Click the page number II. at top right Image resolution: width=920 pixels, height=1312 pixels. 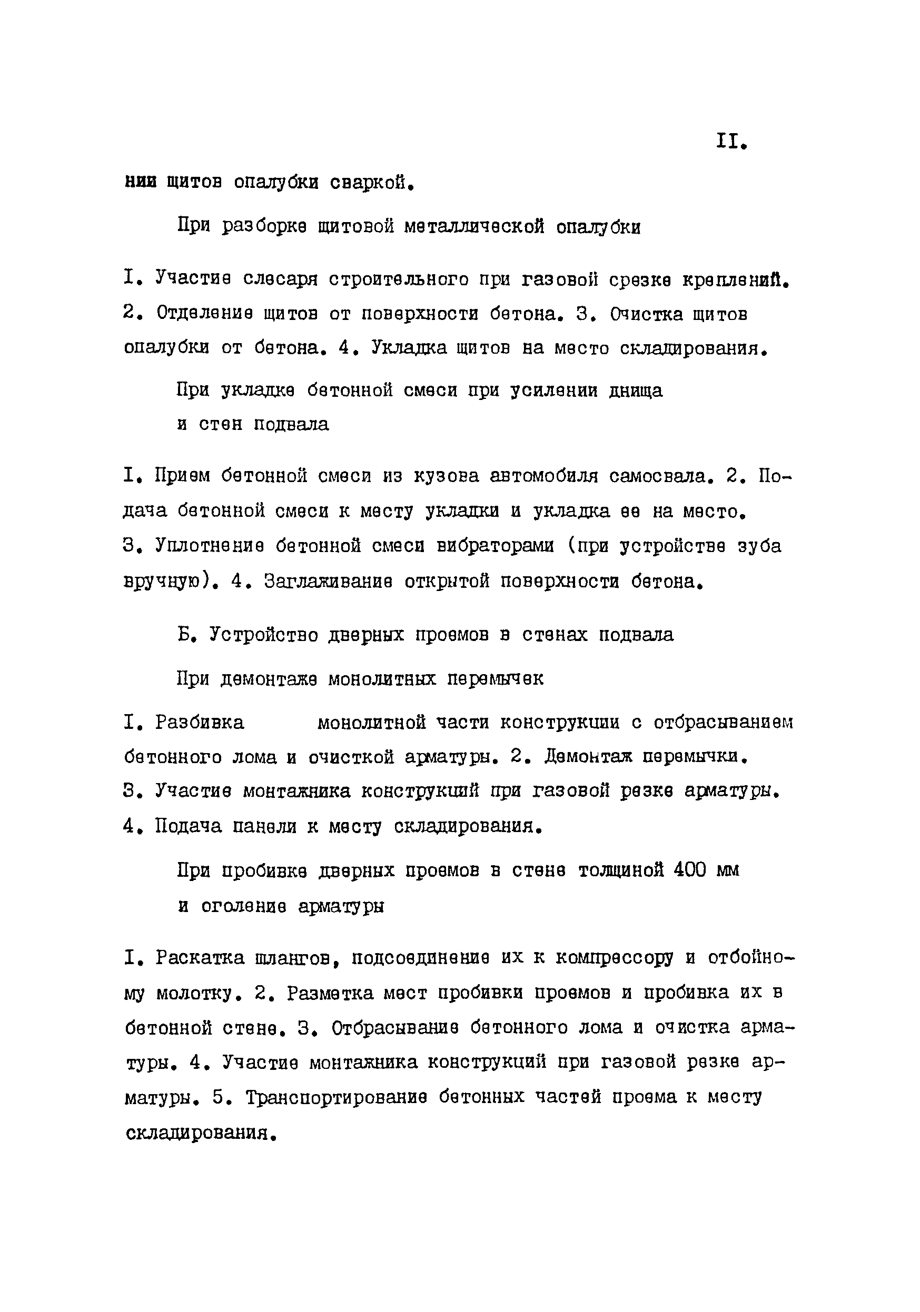(731, 142)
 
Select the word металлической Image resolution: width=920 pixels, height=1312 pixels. (474, 227)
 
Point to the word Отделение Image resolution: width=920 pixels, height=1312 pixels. (204, 314)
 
